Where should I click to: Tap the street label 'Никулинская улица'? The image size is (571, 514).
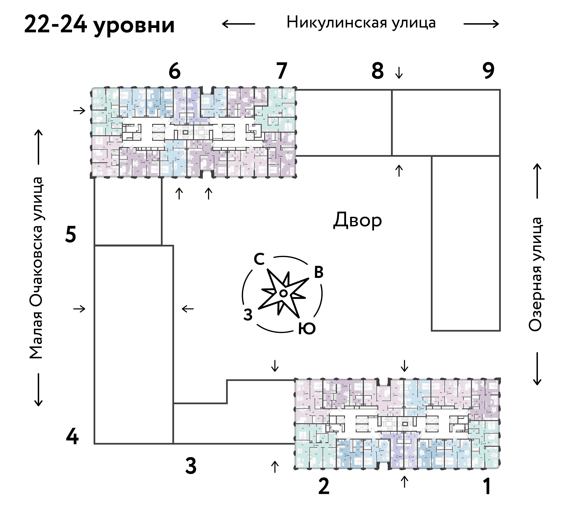click(x=361, y=23)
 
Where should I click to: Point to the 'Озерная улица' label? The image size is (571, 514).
click(x=535, y=274)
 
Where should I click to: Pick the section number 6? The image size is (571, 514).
click(x=174, y=71)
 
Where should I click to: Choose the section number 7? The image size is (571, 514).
click(x=282, y=71)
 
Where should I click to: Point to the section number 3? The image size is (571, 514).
click(x=191, y=466)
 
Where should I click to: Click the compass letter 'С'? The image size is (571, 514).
click(x=259, y=259)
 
